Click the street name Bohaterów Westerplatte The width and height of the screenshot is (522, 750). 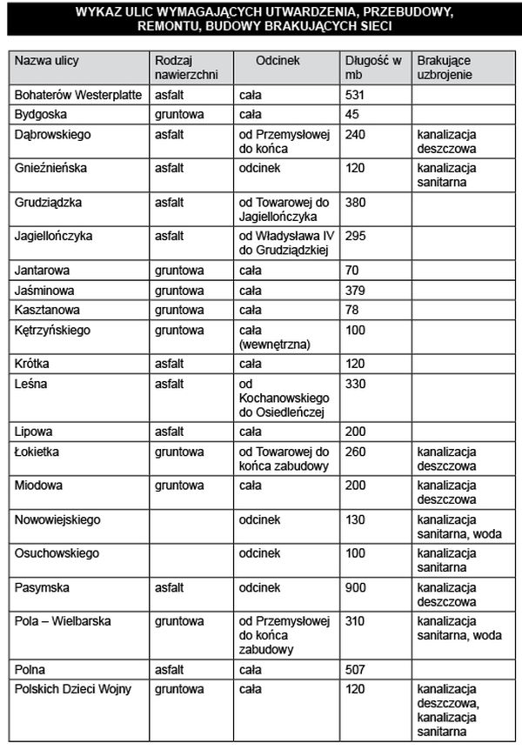[78, 94]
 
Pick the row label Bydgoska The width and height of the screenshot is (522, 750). [41, 114]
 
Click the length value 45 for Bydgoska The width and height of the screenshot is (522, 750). [351, 114]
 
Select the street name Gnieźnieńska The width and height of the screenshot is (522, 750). [51, 168]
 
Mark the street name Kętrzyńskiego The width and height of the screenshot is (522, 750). [52, 331]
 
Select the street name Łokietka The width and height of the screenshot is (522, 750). [37, 452]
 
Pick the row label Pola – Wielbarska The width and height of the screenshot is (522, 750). [64, 621]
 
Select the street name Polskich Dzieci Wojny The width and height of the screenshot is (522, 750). [73, 689]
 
